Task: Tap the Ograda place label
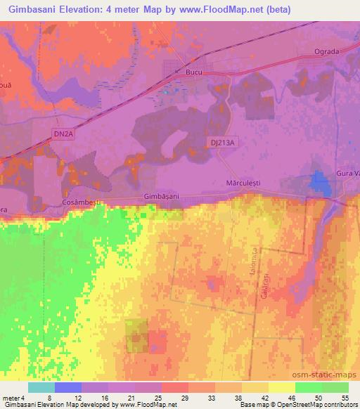[x=326, y=51]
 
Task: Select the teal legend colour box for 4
[x=41, y=387]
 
